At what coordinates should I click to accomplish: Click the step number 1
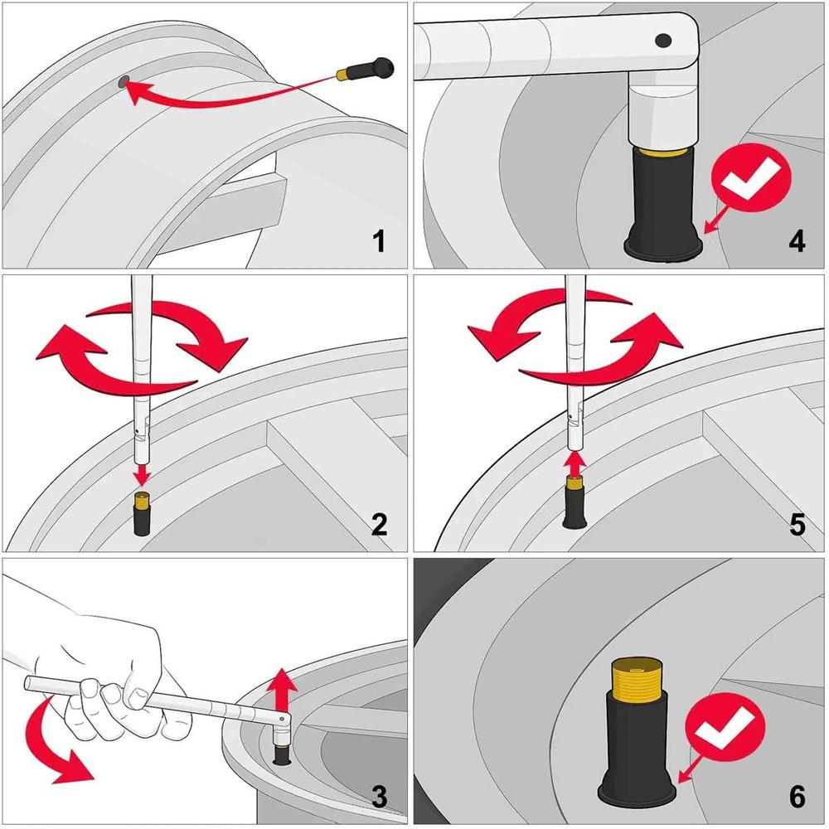click(x=378, y=242)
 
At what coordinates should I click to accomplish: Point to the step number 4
click(x=797, y=242)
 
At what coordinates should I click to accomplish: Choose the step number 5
click(x=797, y=524)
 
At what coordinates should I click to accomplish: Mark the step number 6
click(x=797, y=797)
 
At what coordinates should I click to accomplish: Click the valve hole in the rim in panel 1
click(x=124, y=81)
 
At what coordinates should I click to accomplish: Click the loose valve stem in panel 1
click(x=366, y=70)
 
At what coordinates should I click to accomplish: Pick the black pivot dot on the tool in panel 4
click(x=662, y=40)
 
